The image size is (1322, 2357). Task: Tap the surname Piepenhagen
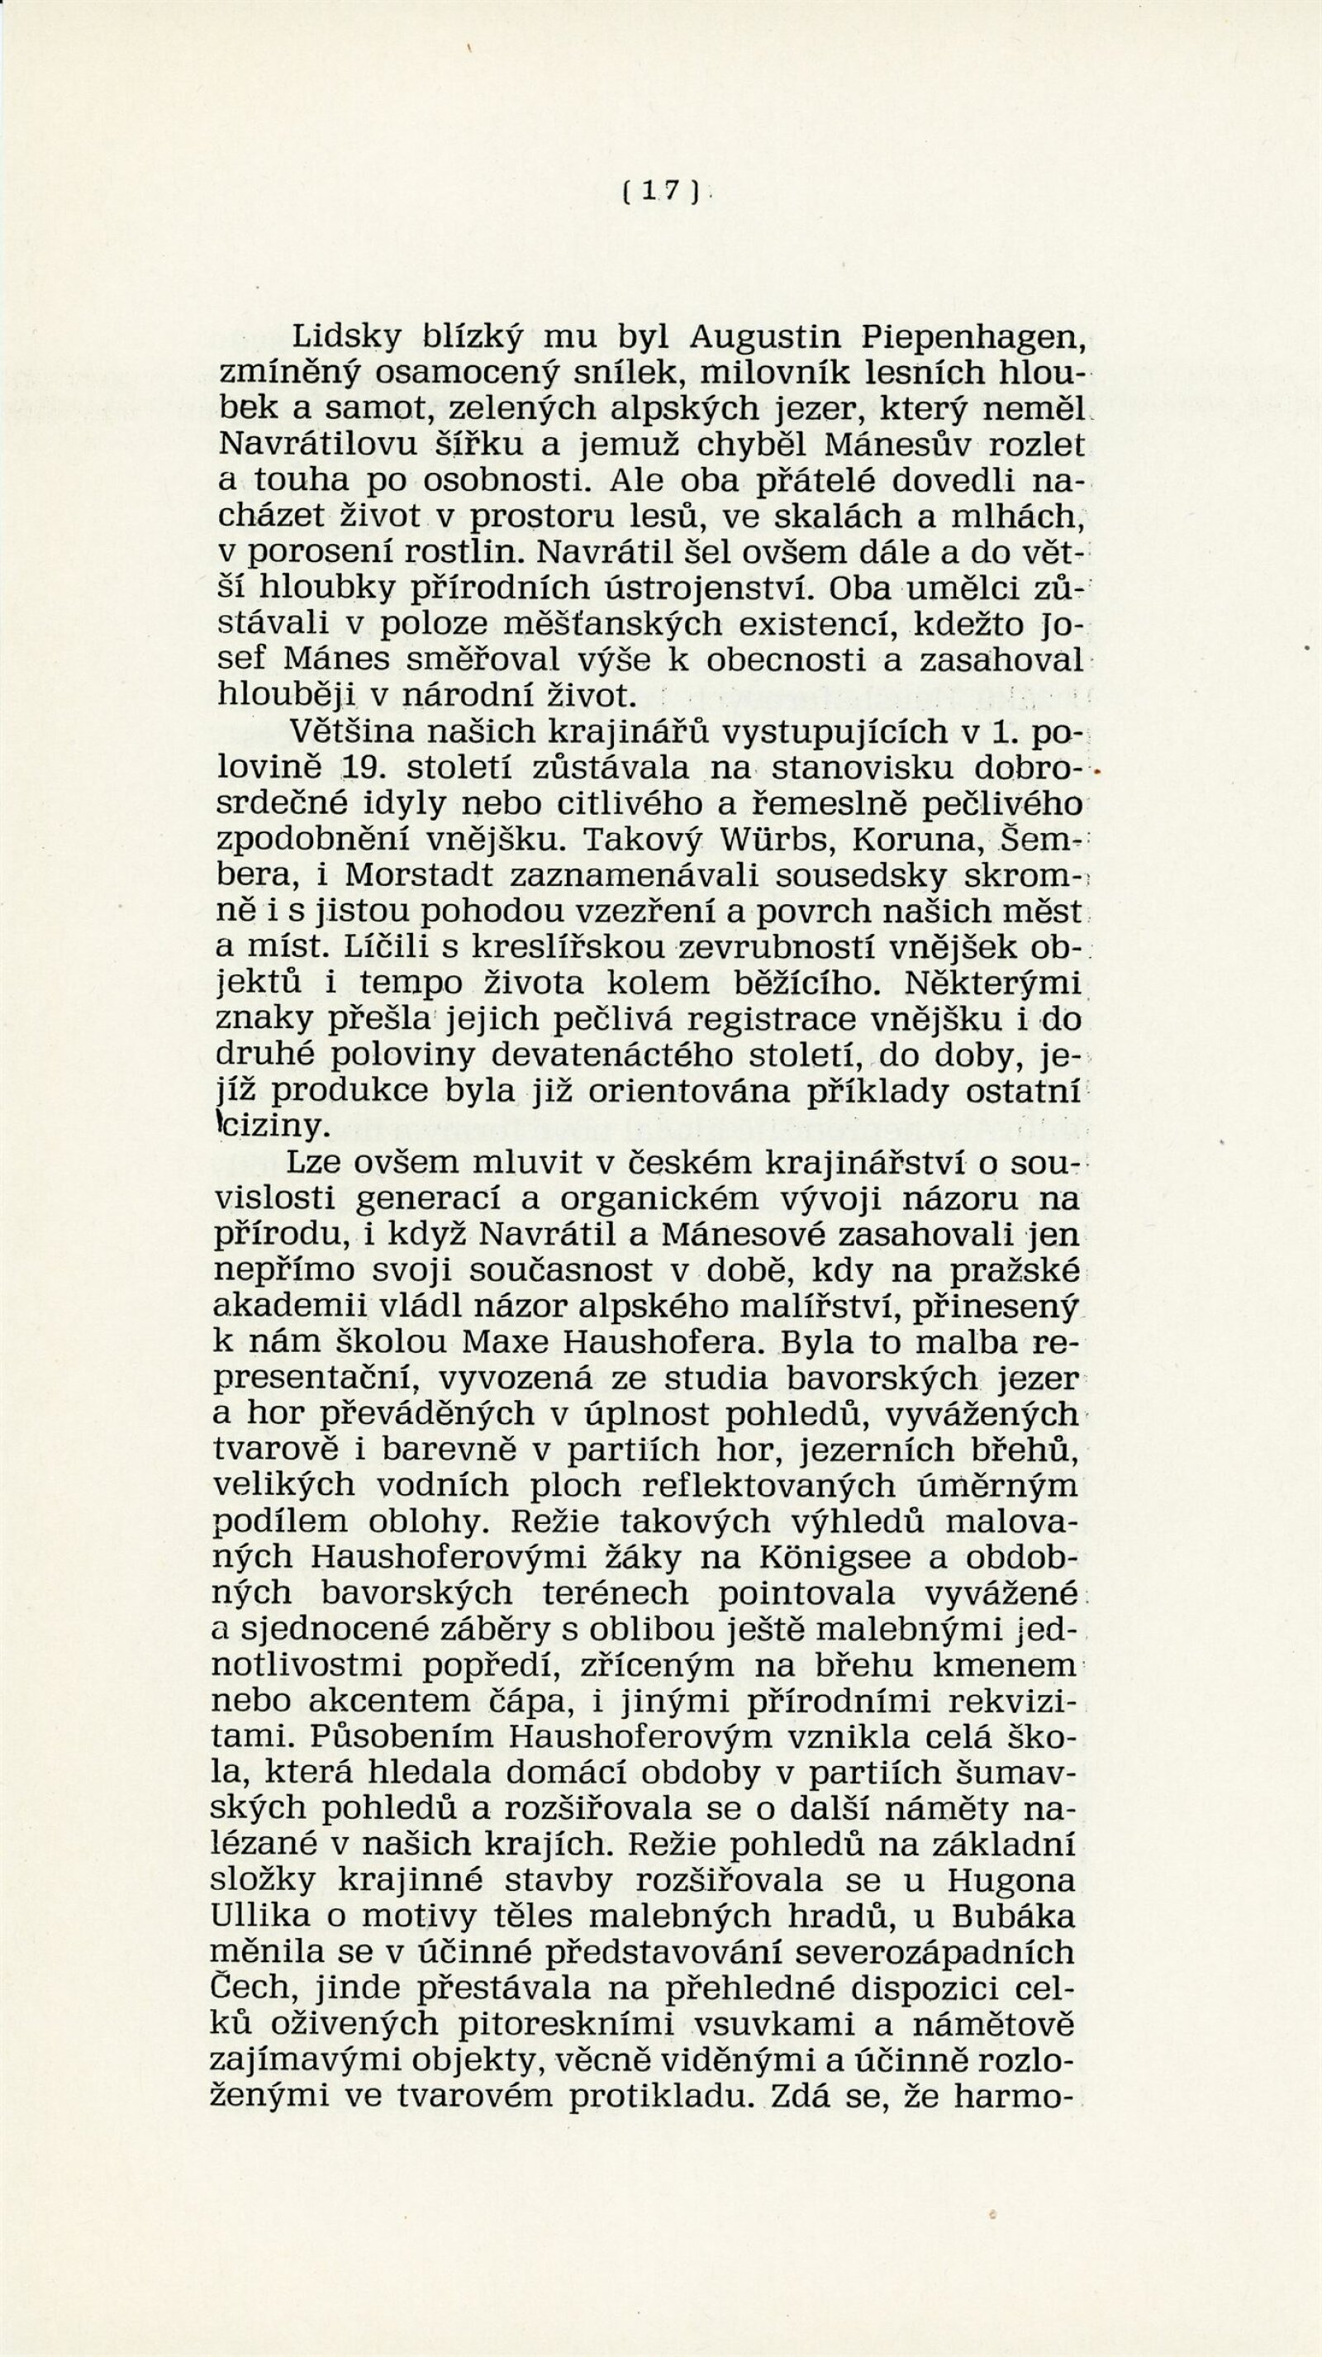pyautogui.click(x=972, y=340)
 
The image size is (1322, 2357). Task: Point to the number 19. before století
pyautogui.click(x=358, y=767)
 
